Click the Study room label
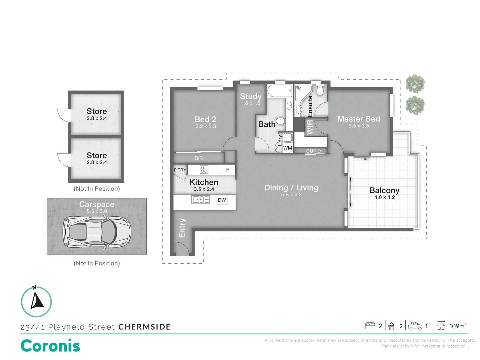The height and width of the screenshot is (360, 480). tap(251, 96)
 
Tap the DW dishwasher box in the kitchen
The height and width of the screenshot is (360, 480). tap(222, 200)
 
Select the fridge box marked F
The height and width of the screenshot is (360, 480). tap(227, 170)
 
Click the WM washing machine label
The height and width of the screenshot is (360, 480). tap(288, 148)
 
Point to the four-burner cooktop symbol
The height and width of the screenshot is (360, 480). tap(204, 169)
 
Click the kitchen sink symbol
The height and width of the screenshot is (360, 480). tap(200, 200)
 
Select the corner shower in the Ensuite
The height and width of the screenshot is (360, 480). tap(303, 93)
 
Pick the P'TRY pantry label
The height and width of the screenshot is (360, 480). tap(180, 170)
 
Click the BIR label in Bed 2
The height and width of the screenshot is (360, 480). tap(199, 158)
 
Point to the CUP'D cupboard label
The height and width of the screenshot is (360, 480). tap(313, 151)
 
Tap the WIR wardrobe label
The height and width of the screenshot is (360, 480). tap(310, 127)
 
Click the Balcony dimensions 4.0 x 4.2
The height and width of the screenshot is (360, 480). tap(384, 197)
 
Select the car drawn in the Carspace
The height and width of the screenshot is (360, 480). tap(97, 232)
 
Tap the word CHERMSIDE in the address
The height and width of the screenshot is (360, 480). tap(144, 327)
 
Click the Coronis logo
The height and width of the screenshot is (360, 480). tap(50, 346)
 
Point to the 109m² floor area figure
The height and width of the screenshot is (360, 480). tap(458, 326)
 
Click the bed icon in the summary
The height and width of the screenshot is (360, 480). tap(370, 326)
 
